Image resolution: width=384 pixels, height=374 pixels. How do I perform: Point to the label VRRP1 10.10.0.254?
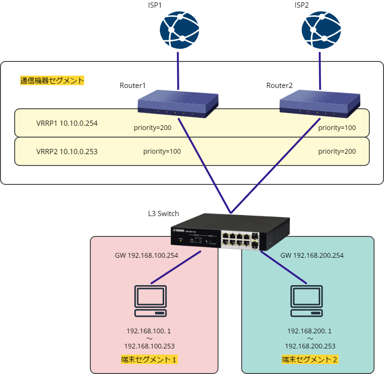tap(67, 123)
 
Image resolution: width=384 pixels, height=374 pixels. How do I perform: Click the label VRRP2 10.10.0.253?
tap(67, 151)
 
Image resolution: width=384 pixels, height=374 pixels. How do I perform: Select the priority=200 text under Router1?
tap(153, 128)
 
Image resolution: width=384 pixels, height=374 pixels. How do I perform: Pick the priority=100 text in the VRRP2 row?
tap(162, 151)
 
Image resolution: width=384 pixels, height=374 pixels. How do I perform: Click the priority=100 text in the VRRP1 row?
tap(337, 128)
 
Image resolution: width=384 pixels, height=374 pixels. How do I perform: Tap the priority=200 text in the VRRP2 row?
tap(337, 151)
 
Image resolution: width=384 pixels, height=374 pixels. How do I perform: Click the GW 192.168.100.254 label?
tap(146, 255)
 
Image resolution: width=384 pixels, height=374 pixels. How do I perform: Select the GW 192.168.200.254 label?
tap(312, 255)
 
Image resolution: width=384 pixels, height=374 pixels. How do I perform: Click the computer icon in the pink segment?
tap(150, 301)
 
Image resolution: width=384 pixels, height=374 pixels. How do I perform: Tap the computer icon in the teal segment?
tap(307, 301)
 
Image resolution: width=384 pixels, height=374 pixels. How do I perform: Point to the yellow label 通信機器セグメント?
tap(52, 80)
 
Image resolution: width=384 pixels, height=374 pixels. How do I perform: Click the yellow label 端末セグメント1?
tap(149, 359)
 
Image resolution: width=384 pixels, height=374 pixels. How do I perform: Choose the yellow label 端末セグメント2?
tap(310, 359)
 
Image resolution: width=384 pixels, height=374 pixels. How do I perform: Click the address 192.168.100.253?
tap(149, 346)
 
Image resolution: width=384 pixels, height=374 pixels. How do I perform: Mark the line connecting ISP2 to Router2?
tap(321, 71)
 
